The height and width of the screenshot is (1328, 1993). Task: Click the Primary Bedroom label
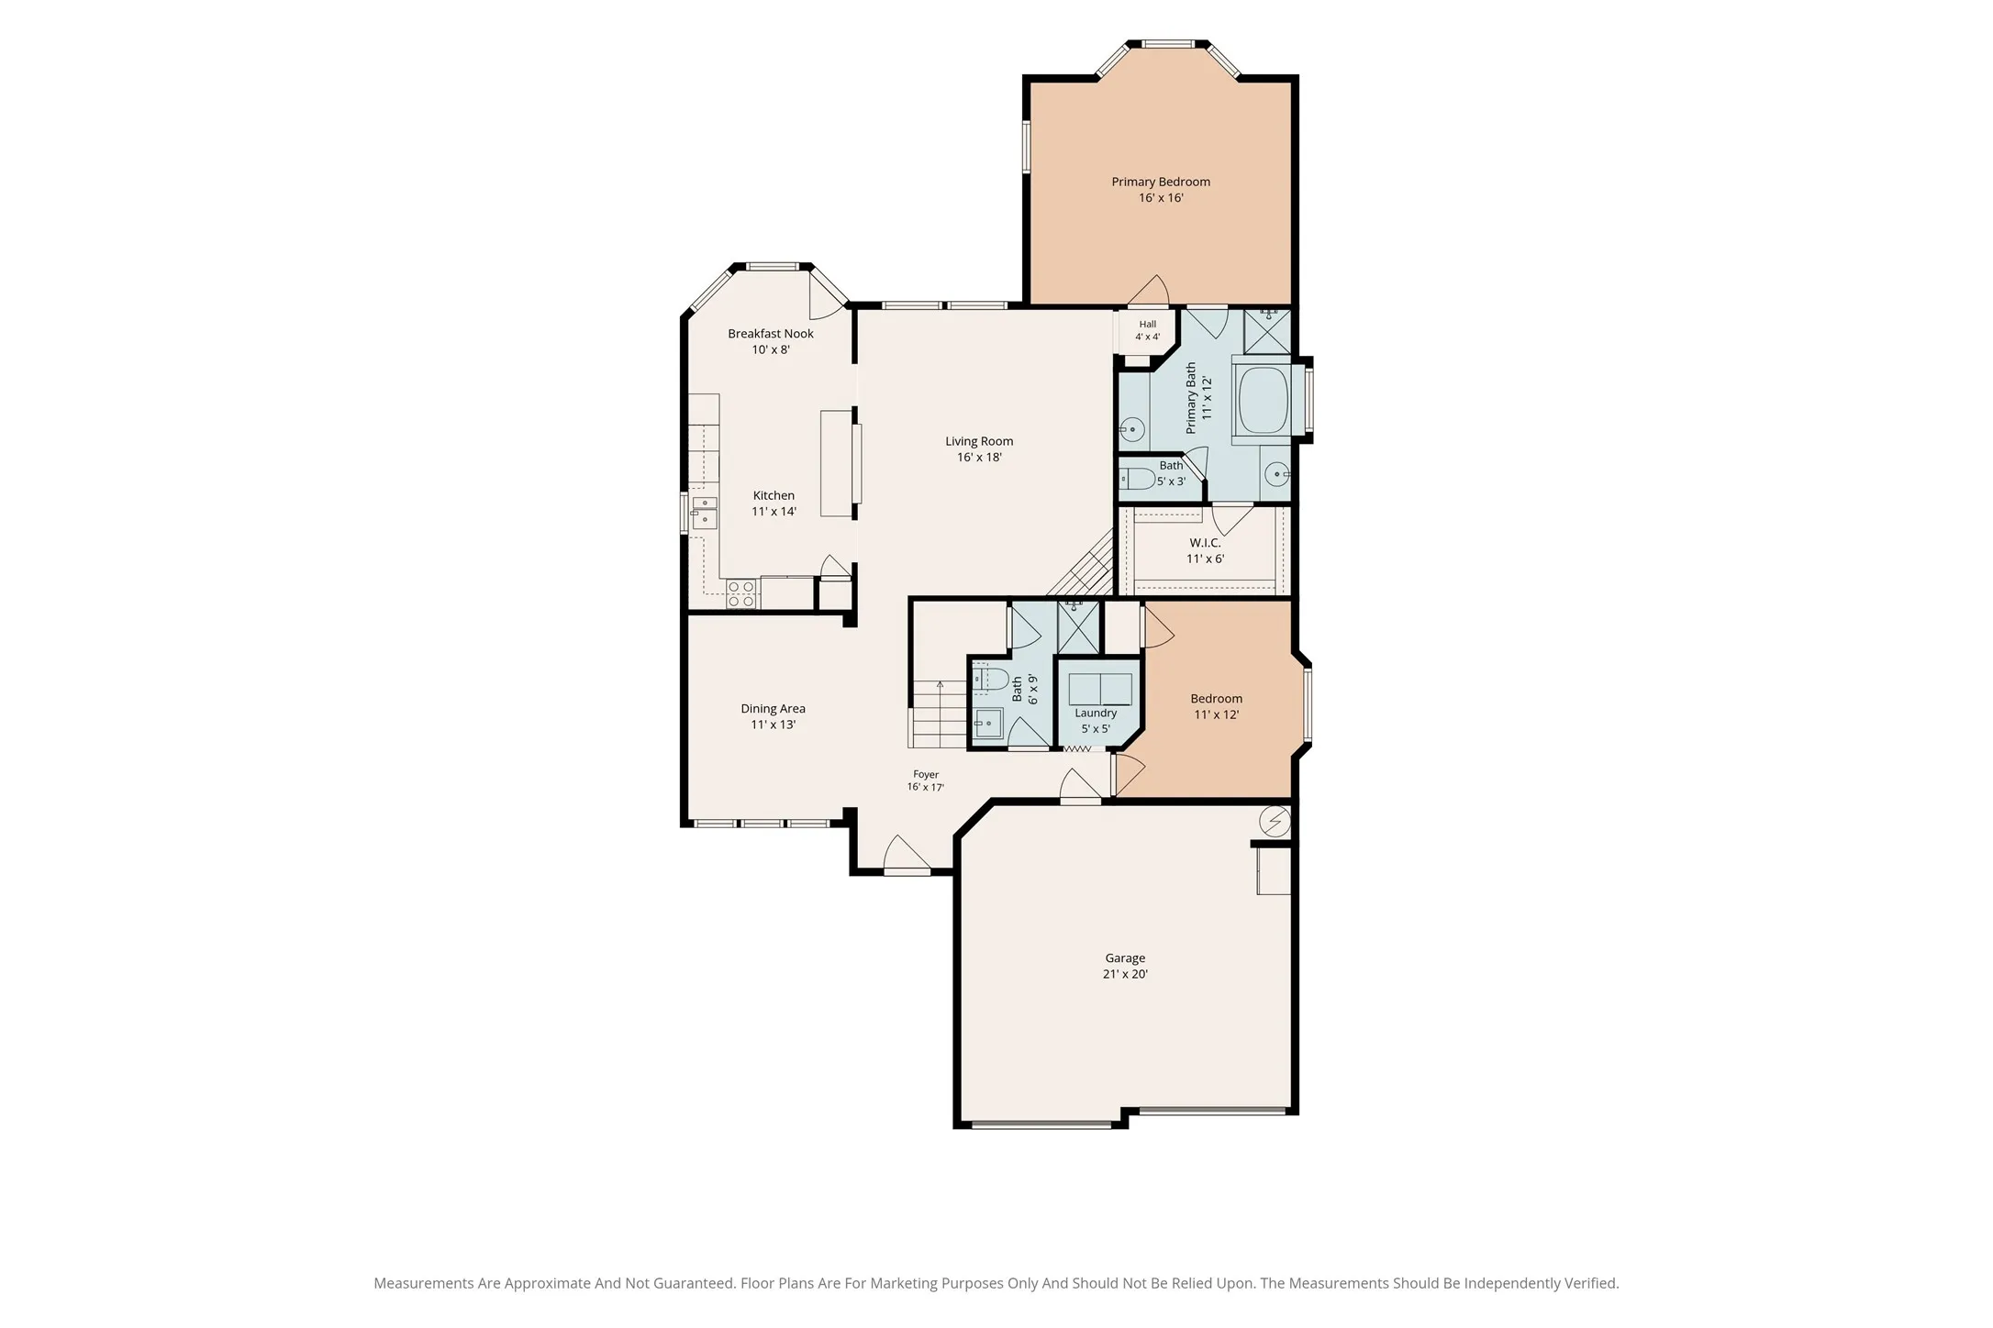[x=1161, y=182]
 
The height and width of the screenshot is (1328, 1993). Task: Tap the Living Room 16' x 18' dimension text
[x=979, y=457]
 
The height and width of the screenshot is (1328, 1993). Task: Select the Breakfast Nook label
[x=771, y=334]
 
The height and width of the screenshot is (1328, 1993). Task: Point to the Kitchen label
[x=774, y=495]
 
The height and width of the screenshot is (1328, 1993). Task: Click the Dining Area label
[x=773, y=708]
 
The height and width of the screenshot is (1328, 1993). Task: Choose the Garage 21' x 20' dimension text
[x=1125, y=974]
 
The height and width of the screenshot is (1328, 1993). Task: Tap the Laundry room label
[x=1096, y=713]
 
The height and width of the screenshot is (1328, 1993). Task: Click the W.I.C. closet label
[x=1205, y=543]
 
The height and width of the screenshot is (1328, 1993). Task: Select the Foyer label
[x=926, y=774]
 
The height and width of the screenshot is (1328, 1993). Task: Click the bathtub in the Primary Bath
[x=1264, y=404]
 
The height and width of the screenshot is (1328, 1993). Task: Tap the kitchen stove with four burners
[x=741, y=594]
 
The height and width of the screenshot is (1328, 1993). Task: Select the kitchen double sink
[x=705, y=515]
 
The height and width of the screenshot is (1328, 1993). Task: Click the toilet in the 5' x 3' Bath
[x=1136, y=479]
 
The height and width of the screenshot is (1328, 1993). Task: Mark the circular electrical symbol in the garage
[x=1275, y=822]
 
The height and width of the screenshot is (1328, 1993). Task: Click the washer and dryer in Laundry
[x=1100, y=689]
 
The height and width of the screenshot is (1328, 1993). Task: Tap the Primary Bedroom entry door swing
[x=1149, y=290]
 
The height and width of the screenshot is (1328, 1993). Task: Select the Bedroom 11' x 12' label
[x=1217, y=706]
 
